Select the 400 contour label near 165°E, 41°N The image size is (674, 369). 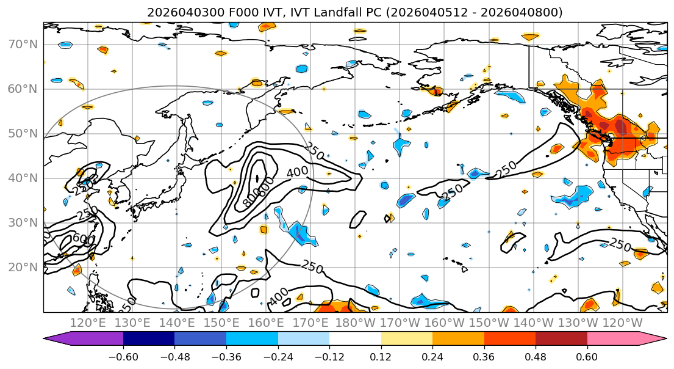click(x=297, y=172)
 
